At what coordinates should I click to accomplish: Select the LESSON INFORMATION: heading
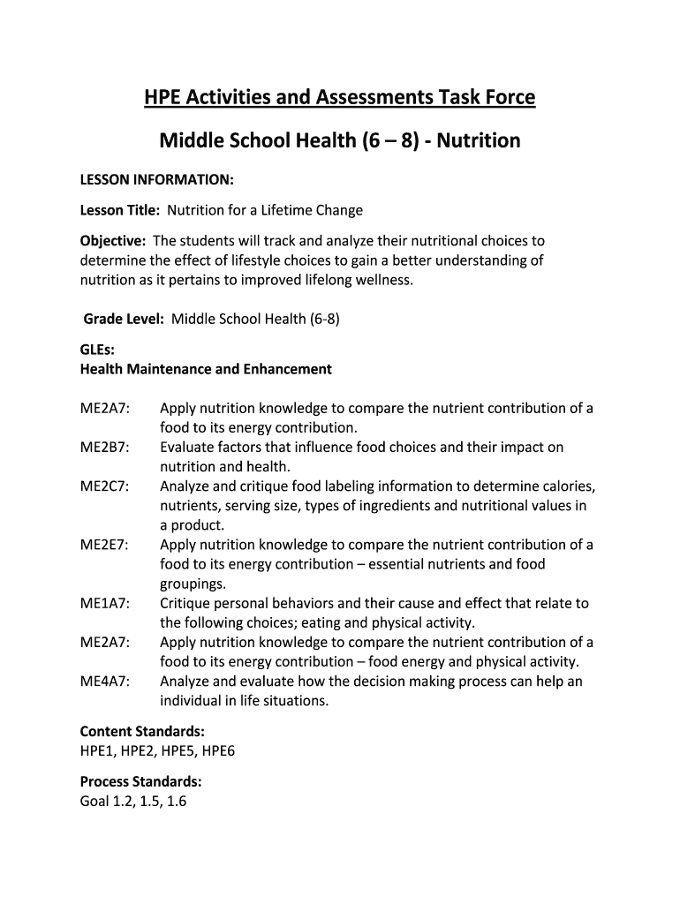(x=157, y=180)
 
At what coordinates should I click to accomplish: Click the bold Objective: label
(x=113, y=241)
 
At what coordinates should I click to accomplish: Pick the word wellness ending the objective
(x=381, y=280)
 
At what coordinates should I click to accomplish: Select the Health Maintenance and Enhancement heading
(x=206, y=369)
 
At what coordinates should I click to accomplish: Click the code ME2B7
(x=105, y=448)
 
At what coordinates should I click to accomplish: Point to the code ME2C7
(x=105, y=486)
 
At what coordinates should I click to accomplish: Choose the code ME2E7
(x=105, y=545)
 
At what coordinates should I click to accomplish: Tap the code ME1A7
(x=105, y=604)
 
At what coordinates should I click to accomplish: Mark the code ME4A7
(x=105, y=682)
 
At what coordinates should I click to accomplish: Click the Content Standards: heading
(x=142, y=732)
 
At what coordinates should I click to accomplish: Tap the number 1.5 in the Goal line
(x=144, y=802)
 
